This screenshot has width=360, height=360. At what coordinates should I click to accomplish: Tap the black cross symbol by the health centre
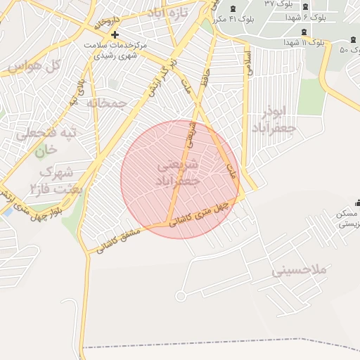click(x=115, y=34)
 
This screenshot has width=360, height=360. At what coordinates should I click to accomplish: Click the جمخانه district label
click(x=108, y=103)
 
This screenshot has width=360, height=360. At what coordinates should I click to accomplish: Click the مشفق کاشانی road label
click(x=117, y=240)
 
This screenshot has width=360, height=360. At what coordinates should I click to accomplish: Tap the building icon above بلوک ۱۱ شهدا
click(x=303, y=32)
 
